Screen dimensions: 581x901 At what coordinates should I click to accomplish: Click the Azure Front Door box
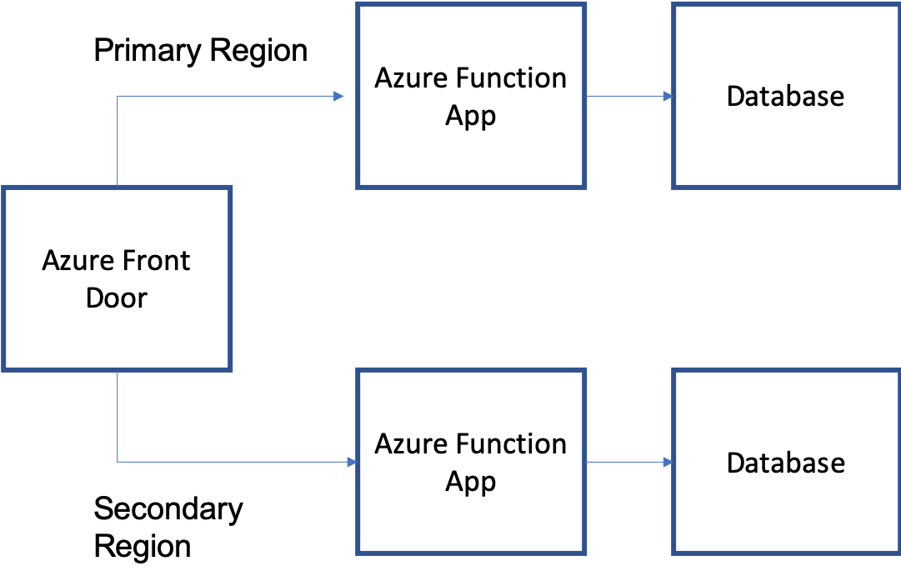pyautogui.click(x=116, y=278)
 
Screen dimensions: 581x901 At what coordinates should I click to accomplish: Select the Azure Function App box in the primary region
pyautogui.click(x=470, y=96)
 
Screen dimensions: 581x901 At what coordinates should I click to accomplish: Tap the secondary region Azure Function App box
pyautogui.click(x=470, y=462)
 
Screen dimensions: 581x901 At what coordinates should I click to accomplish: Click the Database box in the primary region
pyautogui.click(x=785, y=96)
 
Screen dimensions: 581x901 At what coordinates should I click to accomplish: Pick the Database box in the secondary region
pyautogui.click(x=785, y=462)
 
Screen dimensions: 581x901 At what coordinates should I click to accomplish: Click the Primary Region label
pyautogui.click(x=212, y=50)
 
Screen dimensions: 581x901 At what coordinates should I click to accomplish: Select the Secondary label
pyautogui.click(x=212, y=508)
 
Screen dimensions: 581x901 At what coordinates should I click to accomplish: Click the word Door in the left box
pyautogui.click(x=116, y=298)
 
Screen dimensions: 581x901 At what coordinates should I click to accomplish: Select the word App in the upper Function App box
pyautogui.click(x=470, y=116)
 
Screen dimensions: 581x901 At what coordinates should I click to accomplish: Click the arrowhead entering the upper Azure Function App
pyautogui.click(x=339, y=96)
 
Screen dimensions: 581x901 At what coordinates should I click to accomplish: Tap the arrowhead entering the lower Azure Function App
pyautogui.click(x=351, y=461)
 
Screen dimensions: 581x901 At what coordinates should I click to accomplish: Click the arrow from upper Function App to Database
pyautogui.click(x=629, y=96)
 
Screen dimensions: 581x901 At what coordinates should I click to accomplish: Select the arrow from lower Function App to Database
pyautogui.click(x=629, y=461)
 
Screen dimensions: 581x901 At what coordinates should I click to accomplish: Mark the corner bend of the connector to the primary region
pyautogui.click(x=118, y=96)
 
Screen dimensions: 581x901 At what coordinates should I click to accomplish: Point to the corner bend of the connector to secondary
pyautogui.click(x=118, y=461)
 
